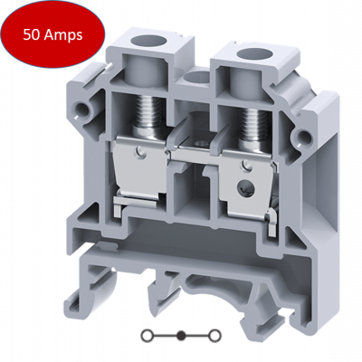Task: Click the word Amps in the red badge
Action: click(x=62, y=36)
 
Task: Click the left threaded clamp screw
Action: click(x=149, y=117)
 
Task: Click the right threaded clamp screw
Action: click(x=256, y=127)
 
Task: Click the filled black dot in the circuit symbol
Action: click(x=181, y=336)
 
